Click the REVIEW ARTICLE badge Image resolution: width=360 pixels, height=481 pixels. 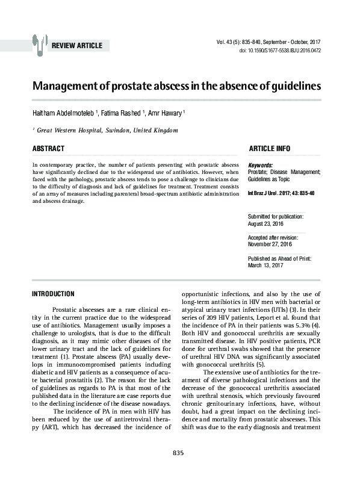pyautogui.click(x=77, y=46)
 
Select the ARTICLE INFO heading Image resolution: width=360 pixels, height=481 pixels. pyautogui.click(x=269, y=149)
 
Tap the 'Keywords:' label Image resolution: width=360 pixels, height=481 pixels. pyautogui.click(x=260, y=165)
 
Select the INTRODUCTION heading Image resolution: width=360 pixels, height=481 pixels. pyautogui.click(x=52, y=294)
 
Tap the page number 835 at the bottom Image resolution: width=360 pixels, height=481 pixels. pyautogui.click(x=178, y=470)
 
